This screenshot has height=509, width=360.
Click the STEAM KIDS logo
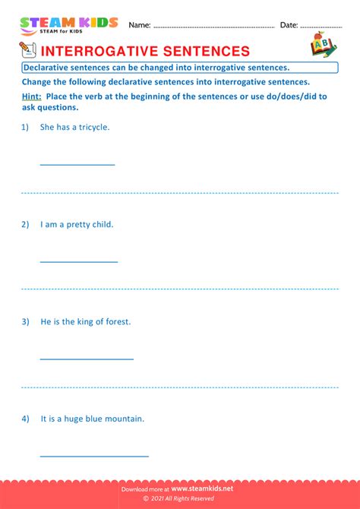(68, 25)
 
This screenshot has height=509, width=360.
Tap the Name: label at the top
(140, 25)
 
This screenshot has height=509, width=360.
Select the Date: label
(289, 25)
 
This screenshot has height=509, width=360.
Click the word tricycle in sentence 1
(94, 127)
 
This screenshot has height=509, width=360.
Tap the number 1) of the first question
(25, 127)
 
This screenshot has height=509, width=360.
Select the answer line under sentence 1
(77, 164)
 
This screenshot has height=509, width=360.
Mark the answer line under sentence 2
(78, 261)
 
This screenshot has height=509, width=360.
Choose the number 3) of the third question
(25, 321)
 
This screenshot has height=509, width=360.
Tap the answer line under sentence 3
(86, 359)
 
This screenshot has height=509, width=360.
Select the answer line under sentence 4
(93, 456)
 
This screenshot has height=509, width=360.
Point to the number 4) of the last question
(25, 419)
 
